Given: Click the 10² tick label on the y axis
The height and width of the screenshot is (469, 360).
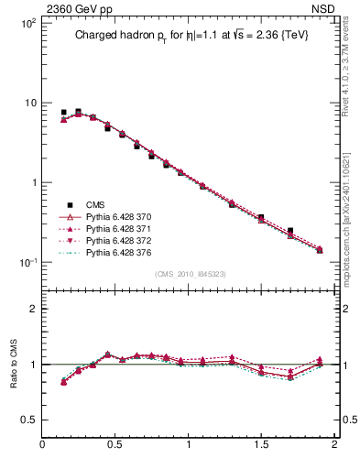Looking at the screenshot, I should point(28,23).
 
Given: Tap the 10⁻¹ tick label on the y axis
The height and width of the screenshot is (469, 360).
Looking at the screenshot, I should point(27,263).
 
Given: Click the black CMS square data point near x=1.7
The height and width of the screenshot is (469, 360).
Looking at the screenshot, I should point(290,231).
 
